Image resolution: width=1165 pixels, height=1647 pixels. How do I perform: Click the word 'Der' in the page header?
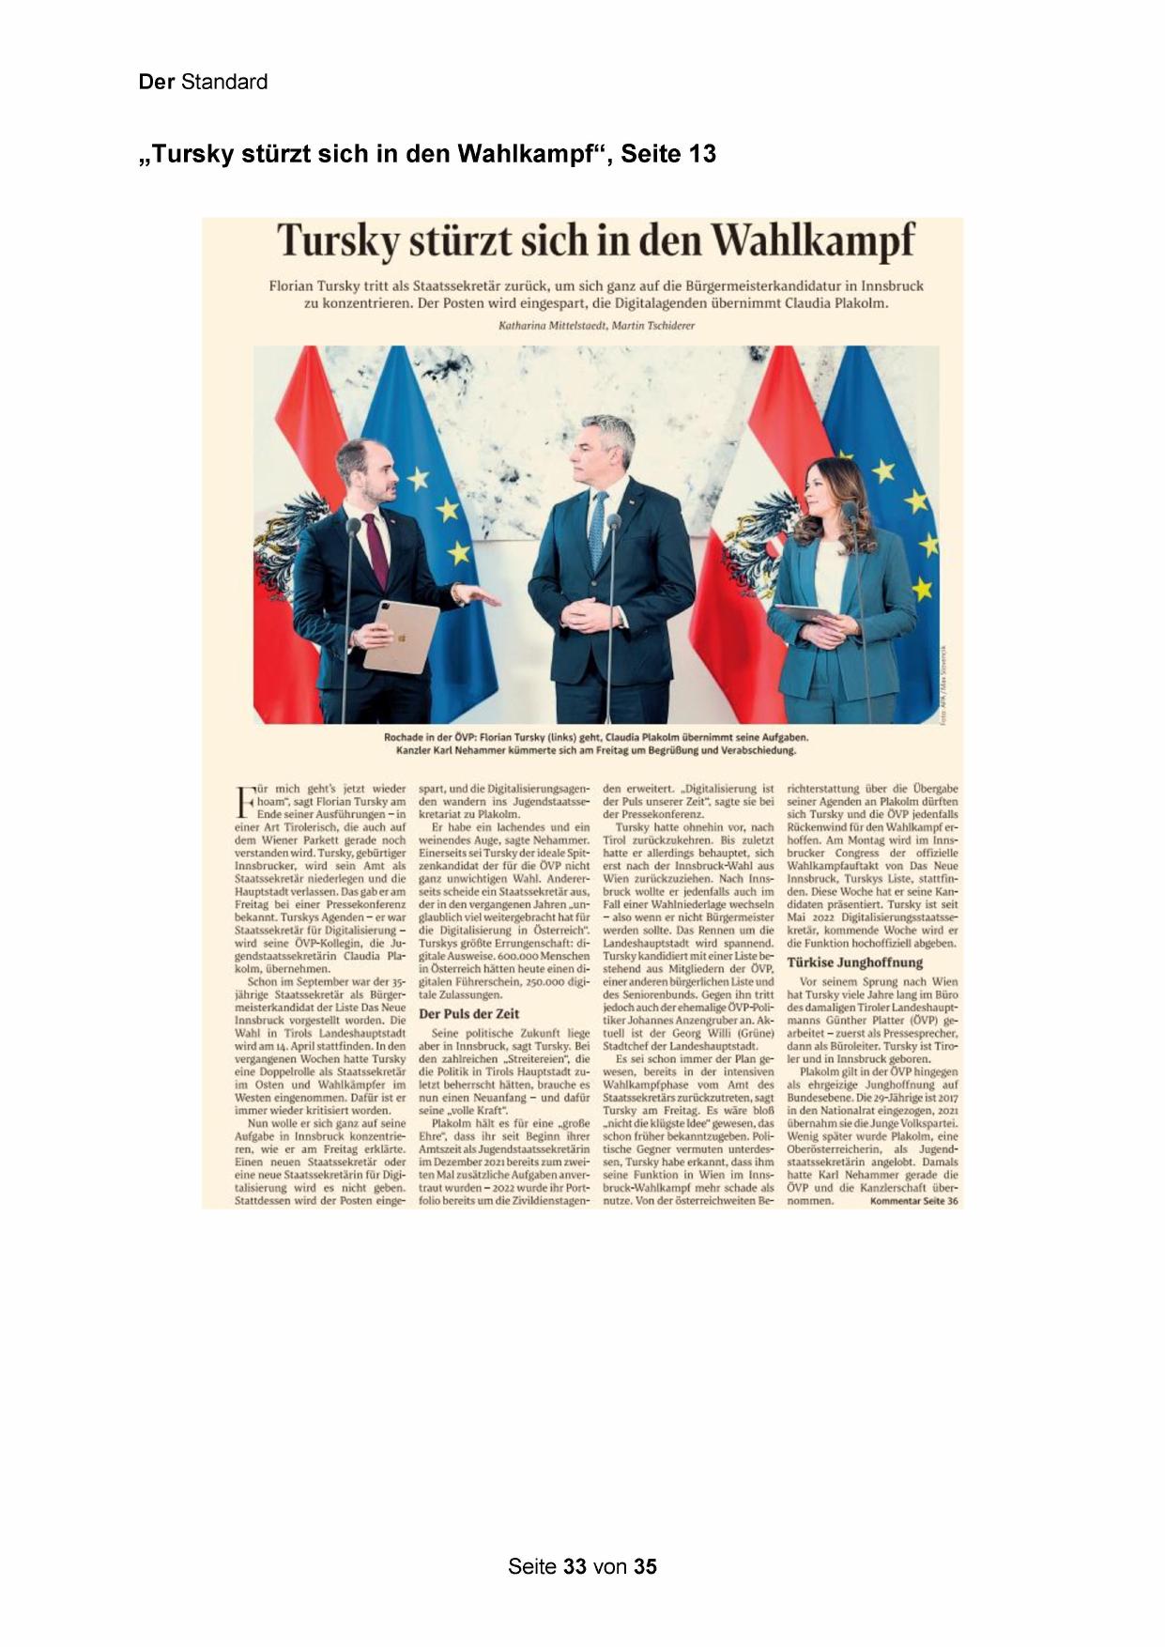pos(156,82)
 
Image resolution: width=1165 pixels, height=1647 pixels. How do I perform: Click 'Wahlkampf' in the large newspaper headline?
pos(813,240)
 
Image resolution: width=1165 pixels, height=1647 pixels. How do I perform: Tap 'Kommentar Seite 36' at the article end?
pos(913,1200)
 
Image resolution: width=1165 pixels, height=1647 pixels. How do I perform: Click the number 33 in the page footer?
pos(575,1566)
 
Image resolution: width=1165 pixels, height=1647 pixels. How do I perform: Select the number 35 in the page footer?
pos(645,1566)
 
